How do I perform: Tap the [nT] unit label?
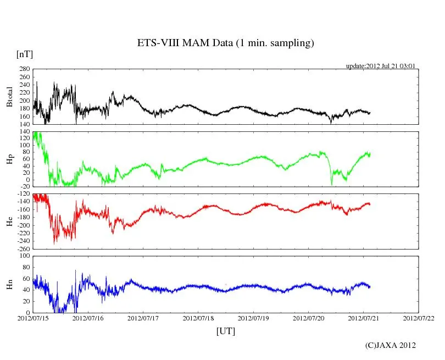tap(25, 54)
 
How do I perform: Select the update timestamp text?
tap(380, 66)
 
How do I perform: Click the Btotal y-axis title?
tap(9, 97)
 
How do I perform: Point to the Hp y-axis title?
tap(9, 159)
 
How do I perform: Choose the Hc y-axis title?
tap(9, 221)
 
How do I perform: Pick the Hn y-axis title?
tap(9, 284)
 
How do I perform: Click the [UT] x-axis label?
tap(226, 331)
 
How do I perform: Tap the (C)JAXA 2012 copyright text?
tap(391, 345)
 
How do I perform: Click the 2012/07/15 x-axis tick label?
tap(34, 318)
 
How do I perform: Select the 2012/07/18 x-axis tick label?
tap(198, 318)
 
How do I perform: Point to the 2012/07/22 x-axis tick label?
tap(418, 318)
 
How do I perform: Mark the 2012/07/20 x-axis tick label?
tap(308, 318)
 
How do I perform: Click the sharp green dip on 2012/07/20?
tap(331, 184)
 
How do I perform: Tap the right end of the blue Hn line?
tap(370, 286)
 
